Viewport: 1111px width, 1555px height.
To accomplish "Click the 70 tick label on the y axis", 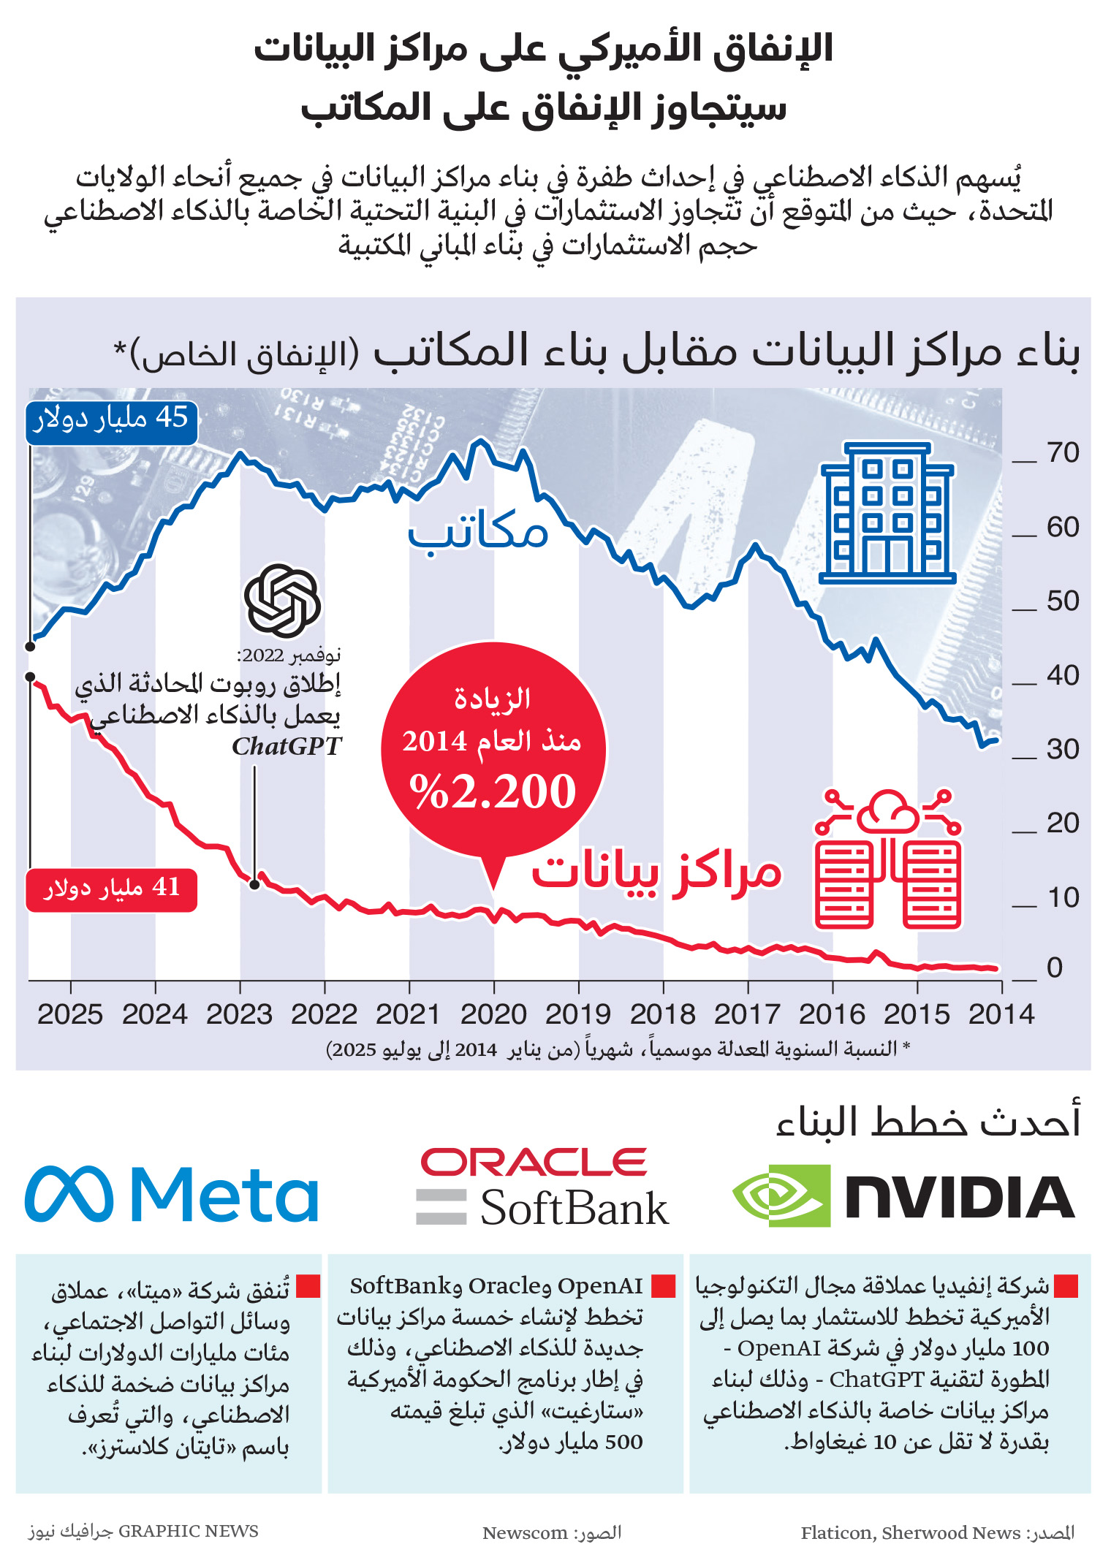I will click(x=1062, y=453).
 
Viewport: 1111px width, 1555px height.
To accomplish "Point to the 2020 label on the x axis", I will click(x=493, y=1014).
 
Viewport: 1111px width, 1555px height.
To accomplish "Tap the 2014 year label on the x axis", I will click(x=1001, y=1014).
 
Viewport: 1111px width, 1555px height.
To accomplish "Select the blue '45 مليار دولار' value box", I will click(x=112, y=420).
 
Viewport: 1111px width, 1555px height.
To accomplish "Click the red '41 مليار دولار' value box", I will click(x=112, y=889).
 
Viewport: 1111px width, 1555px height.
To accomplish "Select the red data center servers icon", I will click(x=887, y=859).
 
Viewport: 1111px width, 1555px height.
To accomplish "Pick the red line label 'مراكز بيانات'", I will click(x=656, y=872).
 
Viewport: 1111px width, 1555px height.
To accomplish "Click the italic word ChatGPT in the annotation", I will click(x=287, y=746).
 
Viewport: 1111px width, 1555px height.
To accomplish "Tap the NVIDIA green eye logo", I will click(x=781, y=1196).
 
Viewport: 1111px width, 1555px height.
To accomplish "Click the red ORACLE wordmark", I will click(x=534, y=1162).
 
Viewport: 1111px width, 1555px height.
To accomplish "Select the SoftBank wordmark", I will click(x=574, y=1209).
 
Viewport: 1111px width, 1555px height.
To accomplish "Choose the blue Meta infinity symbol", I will click(x=69, y=1194).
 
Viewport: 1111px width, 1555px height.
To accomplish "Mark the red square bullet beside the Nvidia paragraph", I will click(x=1067, y=1285).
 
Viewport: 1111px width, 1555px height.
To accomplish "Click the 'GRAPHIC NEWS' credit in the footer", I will click(x=188, y=1531).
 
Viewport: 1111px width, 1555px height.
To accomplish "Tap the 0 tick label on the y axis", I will click(x=1055, y=968).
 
